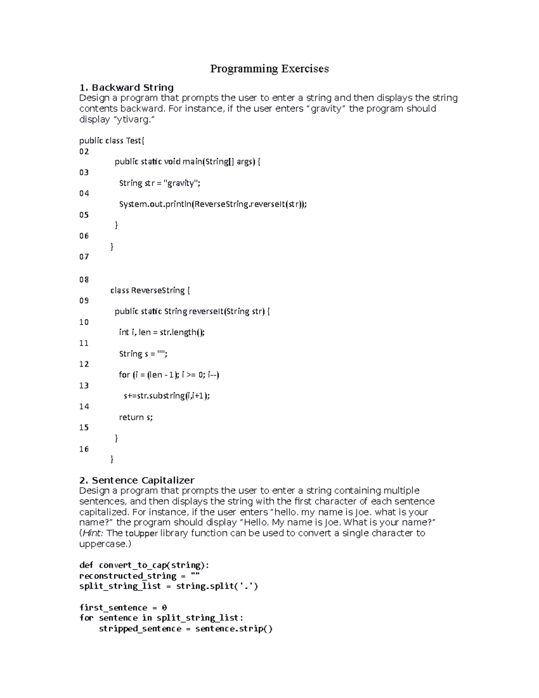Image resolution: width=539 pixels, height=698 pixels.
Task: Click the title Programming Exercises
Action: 269,69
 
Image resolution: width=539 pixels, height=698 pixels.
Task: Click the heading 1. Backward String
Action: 126,87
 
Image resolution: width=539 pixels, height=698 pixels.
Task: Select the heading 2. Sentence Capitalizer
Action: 137,480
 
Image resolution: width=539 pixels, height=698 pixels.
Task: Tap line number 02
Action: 84,151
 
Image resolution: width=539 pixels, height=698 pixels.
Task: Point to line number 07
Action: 84,257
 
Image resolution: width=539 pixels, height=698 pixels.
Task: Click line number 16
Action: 84,449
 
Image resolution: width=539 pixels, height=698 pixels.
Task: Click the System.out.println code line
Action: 213,204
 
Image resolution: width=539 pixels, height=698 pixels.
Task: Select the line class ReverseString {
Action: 150,290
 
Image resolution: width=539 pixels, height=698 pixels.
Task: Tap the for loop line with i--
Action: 169,374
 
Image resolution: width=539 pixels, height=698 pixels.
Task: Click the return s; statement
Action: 136,417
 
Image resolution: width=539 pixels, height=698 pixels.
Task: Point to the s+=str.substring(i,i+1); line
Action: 167,396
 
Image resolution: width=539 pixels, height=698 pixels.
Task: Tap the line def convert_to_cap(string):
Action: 144,565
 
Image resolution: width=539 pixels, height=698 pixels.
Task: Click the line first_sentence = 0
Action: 123,608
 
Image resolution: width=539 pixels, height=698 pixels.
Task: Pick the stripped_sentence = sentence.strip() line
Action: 186,628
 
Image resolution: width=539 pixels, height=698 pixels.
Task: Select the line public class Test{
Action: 112,141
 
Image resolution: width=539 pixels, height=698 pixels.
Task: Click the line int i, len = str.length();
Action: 162,332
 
